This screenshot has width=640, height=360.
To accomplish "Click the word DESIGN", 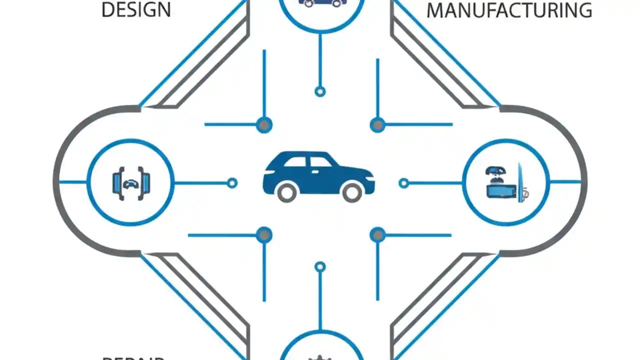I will tap(136, 10).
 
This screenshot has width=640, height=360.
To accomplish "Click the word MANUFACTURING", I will tap(509, 10).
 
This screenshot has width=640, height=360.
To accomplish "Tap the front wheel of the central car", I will tap(352, 192).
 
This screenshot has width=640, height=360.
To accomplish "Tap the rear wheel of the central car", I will tap(287, 192).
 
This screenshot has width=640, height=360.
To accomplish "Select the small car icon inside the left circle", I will tap(130, 183).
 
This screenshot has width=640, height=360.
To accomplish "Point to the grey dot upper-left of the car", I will tap(264, 124).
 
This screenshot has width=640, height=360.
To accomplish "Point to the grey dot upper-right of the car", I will tap(377, 124).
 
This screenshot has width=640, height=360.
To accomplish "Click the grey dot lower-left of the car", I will tap(264, 234).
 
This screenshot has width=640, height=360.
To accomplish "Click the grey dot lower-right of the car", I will tap(377, 234).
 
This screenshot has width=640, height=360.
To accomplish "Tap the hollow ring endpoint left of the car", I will tap(232, 183).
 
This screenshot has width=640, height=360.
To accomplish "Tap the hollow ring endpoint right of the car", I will tap(403, 183).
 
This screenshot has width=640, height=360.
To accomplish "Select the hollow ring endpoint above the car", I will tap(320, 91).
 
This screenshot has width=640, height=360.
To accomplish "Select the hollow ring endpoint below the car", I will tap(320, 267).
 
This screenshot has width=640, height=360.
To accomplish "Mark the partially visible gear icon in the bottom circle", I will tap(320, 357).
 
